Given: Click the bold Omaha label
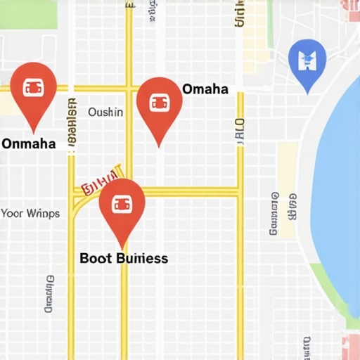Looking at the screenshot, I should (205, 89).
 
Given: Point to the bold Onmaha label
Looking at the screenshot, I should (29, 144).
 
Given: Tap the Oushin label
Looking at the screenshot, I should (105, 112).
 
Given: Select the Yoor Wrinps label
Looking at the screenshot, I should (30, 213).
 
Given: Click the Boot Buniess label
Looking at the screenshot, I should (124, 258).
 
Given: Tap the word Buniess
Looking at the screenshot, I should (141, 258).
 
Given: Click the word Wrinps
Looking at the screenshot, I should (42, 213).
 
